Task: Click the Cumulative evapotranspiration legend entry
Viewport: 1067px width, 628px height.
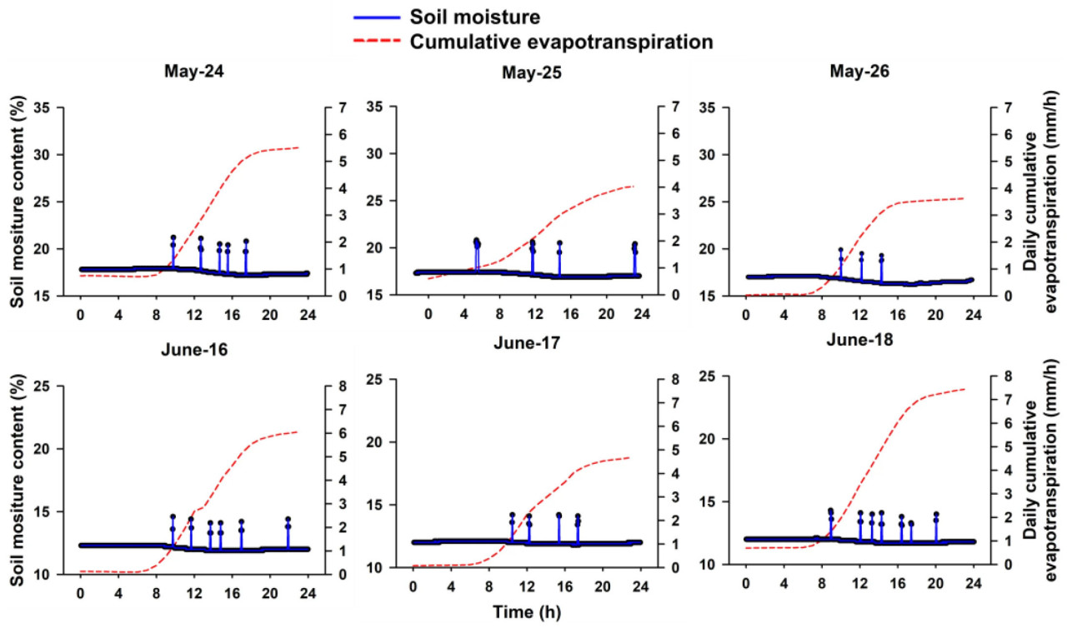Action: pyautogui.click(x=561, y=41)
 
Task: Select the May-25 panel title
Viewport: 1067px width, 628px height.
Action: pyautogui.click(x=531, y=72)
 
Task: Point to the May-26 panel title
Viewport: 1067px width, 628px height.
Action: pyautogui.click(x=859, y=72)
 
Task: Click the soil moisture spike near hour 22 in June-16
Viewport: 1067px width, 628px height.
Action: pyautogui.click(x=288, y=533)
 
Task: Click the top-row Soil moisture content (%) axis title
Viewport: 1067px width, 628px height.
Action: pyautogui.click(x=17, y=202)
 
